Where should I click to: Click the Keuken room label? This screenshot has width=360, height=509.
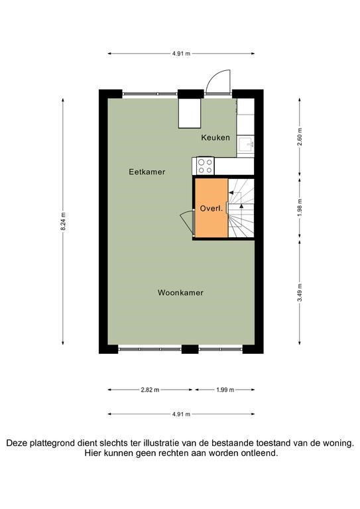[215, 138]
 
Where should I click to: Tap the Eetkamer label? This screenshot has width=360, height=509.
[147, 172]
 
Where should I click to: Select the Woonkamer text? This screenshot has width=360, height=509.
[180, 292]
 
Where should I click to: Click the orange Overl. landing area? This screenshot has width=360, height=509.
[211, 208]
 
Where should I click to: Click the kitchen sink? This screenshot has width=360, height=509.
[246, 144]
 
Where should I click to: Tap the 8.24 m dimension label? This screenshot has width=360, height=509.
[63, 221]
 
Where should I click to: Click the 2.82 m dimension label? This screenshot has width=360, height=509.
[150, 390]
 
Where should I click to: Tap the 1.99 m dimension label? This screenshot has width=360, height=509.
[225, 390]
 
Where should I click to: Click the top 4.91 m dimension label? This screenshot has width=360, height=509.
[181, 54]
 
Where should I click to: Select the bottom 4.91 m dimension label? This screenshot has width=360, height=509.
[181, 414]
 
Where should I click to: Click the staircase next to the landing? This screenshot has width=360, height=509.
[241, 207]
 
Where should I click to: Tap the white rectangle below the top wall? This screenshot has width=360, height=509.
[190, 113]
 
